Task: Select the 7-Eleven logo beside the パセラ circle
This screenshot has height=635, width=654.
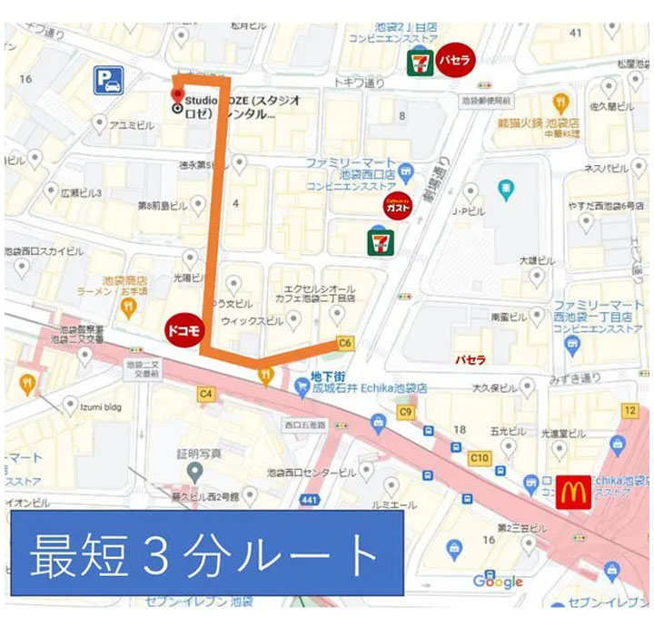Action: click(x=419, y=63)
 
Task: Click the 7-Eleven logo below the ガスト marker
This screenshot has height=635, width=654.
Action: click(x=380, y=241)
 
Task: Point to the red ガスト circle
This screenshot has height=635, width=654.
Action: click(x=398, y=207)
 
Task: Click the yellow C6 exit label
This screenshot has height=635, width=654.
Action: click(x=344, y=343)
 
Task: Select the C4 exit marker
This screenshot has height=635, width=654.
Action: click(x=205, y=394)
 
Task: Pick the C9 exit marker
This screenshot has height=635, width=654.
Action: click(x=405, y=413)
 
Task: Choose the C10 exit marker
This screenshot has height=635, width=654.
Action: click(x=479, y=458)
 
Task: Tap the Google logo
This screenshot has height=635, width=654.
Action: click(x=497, y=581)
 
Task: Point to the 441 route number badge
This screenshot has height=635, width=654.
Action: click(x=311, y=499)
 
